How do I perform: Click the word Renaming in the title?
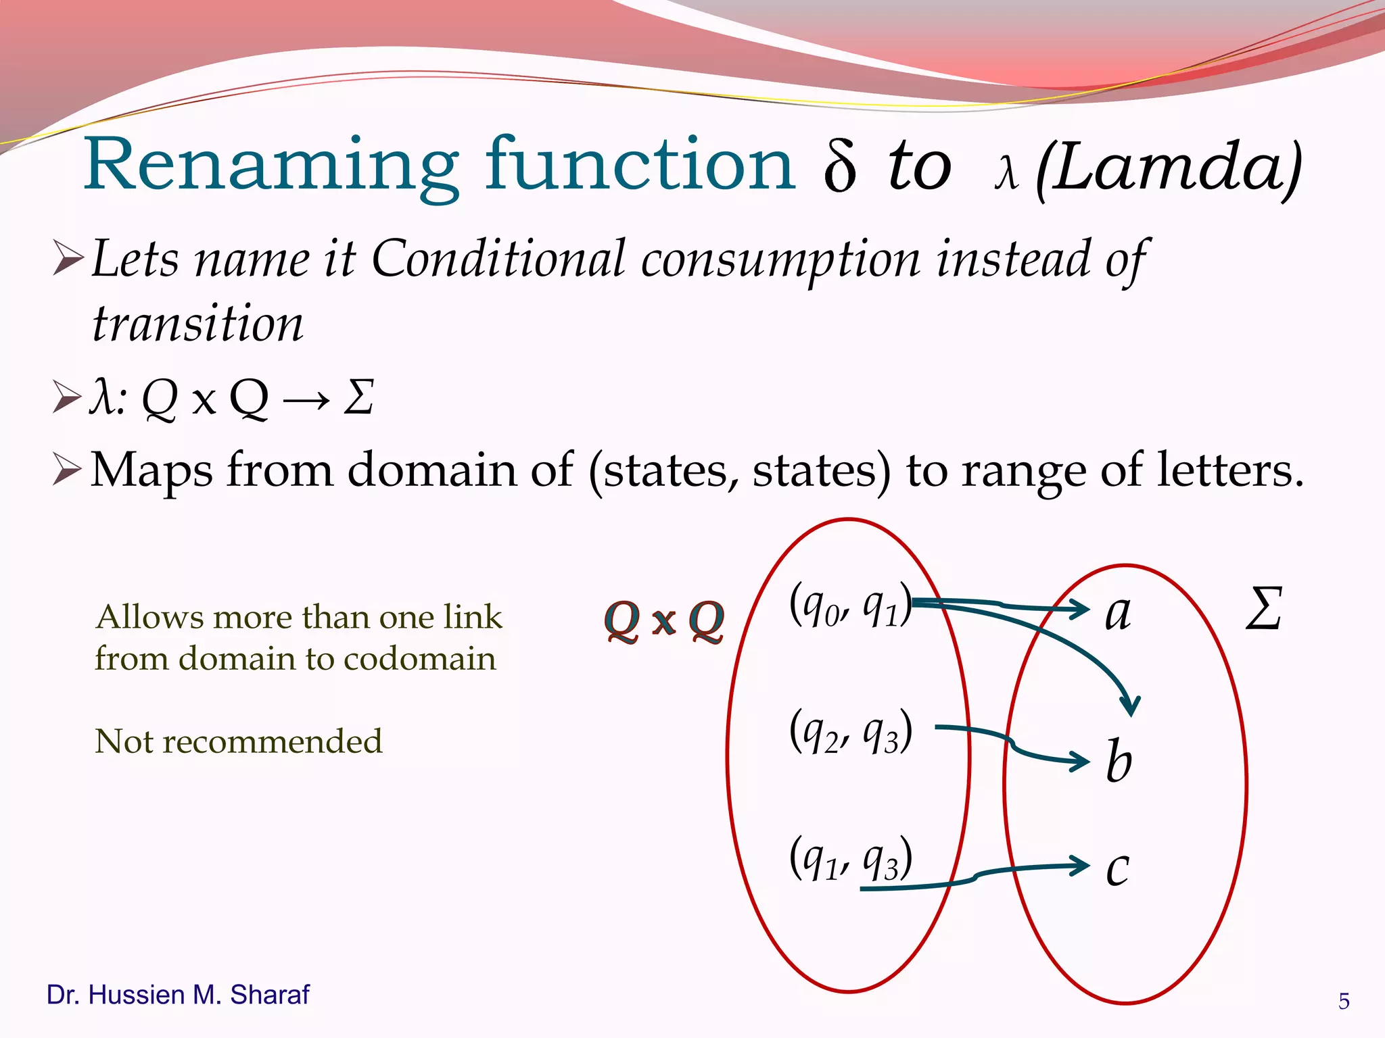pyautogui.click(x=271, y=166)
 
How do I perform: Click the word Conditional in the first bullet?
pyautogui.click(x=498, y=259)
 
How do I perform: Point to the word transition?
pyautogui.click(x=197, y=324)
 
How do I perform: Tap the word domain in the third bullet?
pyautogui.click(x=460, y=470)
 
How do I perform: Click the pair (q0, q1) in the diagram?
pyautogui.click(x=850, y=605)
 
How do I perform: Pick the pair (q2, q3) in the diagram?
pyautogui.click(x=850, y=731)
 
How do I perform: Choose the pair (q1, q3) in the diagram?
pyautogui.click(x=850, y=858)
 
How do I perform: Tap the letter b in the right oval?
pyautogui.click(x=1119, y=761)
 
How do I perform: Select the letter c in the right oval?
pyautogui.click(x=1117, y=868)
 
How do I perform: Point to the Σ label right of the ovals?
pyautogui.click(x=1263, y=610)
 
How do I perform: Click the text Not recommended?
pyautogui.click(x=239, y=741)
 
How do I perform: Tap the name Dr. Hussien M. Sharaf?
pyautogui.click(x=178, y=995)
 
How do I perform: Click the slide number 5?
pyautogui.click(x=1344, y=1001)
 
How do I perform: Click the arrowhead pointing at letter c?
pyautogui.click(x=1081, y=866)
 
